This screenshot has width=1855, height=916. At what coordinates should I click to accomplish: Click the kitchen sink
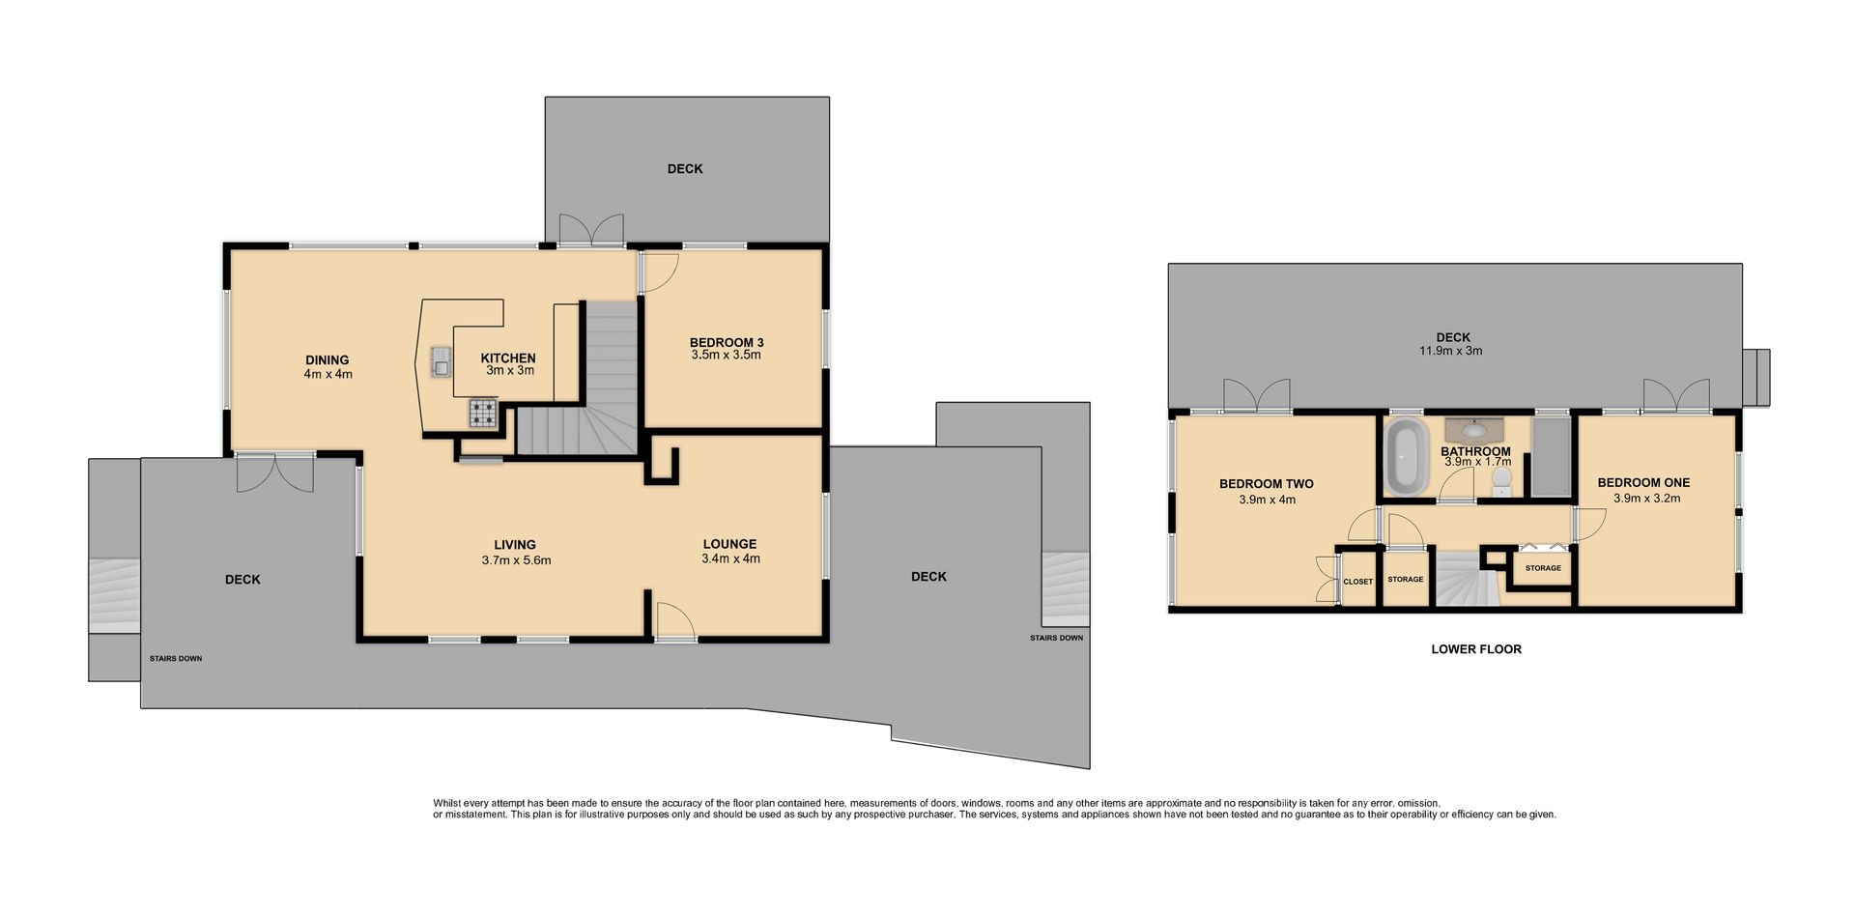442,360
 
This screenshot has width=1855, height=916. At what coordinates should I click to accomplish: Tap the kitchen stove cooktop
483,413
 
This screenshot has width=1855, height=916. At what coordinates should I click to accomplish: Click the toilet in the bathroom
1500,481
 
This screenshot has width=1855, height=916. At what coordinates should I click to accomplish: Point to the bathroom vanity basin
1474,430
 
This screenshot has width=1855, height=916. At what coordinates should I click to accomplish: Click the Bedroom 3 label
727,342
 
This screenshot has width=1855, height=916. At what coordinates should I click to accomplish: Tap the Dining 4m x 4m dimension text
328,374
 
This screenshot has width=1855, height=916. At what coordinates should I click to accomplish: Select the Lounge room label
729,544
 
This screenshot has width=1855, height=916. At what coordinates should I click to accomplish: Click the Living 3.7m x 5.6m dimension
516,560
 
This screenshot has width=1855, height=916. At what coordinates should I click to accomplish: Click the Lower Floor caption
1476,649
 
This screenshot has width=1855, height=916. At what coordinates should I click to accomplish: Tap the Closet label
1357,582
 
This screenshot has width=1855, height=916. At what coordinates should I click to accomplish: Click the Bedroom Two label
1266,484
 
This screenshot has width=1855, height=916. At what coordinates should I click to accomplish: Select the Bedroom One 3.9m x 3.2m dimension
1646,499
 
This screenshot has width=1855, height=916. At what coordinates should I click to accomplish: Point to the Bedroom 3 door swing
661,272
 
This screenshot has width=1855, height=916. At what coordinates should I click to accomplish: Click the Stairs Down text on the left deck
176,659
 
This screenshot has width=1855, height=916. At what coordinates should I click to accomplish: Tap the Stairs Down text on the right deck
1056,638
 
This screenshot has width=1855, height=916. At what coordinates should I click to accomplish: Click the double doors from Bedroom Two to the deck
1257,396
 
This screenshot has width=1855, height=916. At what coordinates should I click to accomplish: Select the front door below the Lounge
675,621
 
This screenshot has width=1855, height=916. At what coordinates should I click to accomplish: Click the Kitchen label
508,358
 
